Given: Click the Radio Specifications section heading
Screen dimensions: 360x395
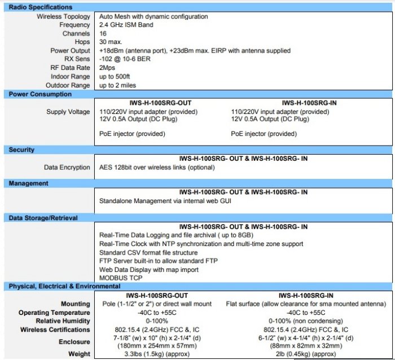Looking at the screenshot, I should pos(41,7).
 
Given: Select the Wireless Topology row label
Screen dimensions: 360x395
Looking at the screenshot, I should pos(64,17).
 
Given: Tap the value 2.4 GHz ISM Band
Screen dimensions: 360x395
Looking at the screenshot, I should pos(126,25).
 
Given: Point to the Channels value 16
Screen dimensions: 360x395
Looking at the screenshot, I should pos(103,33).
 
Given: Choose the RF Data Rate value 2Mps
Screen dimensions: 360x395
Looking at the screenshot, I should pos(108,68).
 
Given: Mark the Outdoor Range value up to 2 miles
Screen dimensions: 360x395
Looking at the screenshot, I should pos(122,85).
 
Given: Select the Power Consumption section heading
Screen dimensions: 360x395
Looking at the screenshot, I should pos(40,94).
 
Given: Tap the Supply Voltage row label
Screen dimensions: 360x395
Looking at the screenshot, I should pos(68,112).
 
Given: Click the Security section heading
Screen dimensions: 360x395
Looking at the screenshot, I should pos(21,150).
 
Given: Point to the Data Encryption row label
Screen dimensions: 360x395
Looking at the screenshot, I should pos(67,168).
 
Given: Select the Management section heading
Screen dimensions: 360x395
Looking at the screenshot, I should pos(28,183).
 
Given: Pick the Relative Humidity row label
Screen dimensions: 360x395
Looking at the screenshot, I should pos(62,321).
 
